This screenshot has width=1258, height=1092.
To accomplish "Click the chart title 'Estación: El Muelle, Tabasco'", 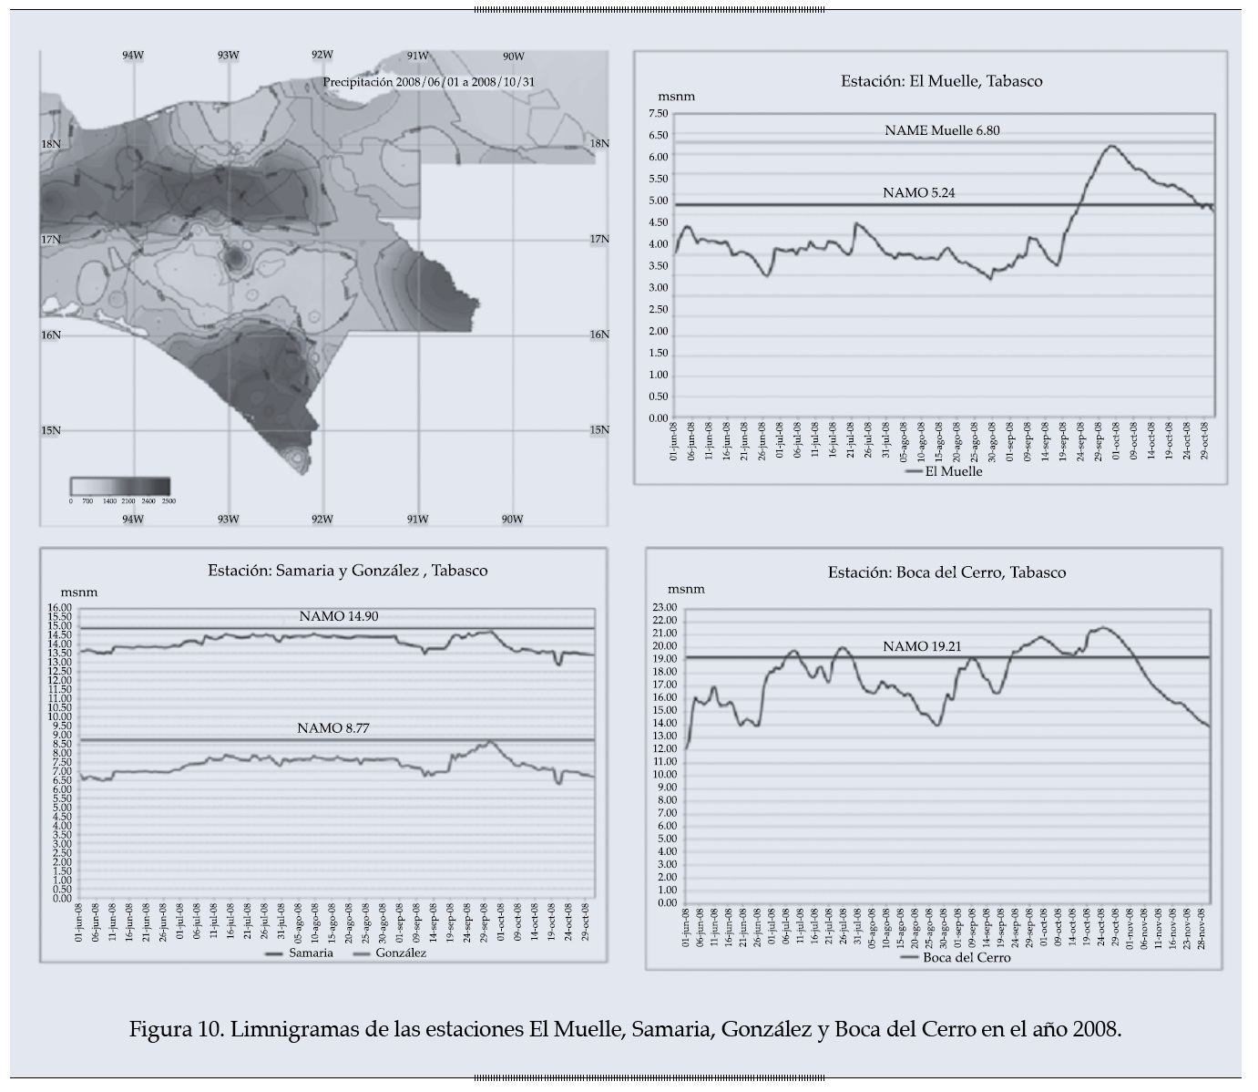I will click(x=941, y=81).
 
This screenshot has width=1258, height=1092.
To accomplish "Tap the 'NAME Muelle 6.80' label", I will click(x=942, y=130).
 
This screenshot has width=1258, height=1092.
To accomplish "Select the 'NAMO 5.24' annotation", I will click(x=918, y=192).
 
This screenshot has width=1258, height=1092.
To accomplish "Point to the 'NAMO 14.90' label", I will click(x=338, y=617).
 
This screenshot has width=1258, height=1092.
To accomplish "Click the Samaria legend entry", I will click(x=300, y=953).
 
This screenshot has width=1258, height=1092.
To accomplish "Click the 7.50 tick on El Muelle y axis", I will click(x=657, y=114).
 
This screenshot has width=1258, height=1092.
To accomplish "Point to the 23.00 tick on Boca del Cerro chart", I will click(x=666, y=608).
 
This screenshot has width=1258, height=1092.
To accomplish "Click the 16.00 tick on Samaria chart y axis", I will click(x=61, y=608).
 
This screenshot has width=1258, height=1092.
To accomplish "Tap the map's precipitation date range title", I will click(x=428, y=82).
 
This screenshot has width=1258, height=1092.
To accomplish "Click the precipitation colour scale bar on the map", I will click(x=120, y=486).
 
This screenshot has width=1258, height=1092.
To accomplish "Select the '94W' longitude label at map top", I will click(x=133, y=56).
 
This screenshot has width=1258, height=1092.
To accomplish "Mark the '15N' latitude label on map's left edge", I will click(x=51, y=430).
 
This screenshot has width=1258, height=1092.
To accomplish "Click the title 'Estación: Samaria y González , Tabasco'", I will click(x=347, y=571).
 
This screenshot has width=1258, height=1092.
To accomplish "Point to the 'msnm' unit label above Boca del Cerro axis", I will click(x=686, y=590).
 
